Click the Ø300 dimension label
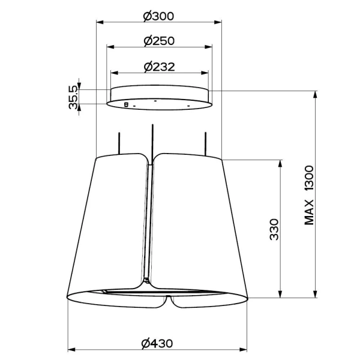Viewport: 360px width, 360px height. point(159,16)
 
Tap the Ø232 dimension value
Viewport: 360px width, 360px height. point(159,67)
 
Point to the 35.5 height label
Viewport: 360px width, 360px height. point(73,97)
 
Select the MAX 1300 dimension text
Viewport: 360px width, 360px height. point(310,195)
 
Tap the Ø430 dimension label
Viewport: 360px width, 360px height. point(157,343)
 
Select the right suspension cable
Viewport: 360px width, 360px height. point(206,142)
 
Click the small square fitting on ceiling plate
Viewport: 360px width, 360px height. point(125,104)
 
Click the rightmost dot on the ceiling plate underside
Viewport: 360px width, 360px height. point(188,106)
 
